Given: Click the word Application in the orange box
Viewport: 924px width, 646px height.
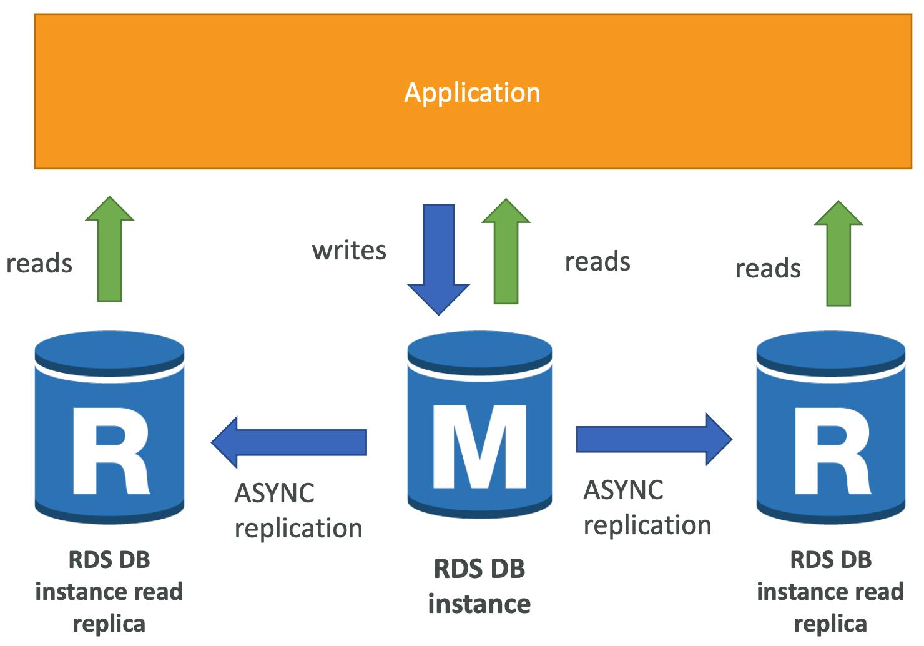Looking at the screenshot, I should (472, 92).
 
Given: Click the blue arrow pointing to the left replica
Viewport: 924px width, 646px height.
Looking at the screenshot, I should (289, 442).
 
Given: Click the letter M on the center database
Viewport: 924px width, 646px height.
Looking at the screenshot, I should (479, 447).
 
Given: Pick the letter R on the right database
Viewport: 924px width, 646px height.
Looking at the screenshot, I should (832, 451).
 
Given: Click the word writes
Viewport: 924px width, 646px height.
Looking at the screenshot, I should (349, 251).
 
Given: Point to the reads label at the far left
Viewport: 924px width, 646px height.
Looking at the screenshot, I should (39, 264).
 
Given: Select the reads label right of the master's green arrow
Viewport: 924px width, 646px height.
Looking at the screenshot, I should (597, 262).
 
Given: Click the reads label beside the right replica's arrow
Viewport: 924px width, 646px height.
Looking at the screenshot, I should (768, 269).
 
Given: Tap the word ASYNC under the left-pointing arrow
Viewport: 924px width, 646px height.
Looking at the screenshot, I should (274, 494).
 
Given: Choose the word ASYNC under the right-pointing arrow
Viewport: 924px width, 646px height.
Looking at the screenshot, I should (623, 490).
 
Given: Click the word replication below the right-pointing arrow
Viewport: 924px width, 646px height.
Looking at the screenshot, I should (647, 525).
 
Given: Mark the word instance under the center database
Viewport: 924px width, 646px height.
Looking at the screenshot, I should (479, 604).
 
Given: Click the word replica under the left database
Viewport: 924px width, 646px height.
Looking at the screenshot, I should (109, 624).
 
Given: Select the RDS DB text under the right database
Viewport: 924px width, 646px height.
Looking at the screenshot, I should (831, 560).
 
